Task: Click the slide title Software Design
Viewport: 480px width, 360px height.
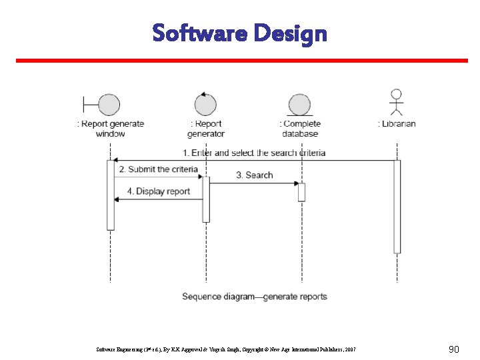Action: click(x=239, y=32)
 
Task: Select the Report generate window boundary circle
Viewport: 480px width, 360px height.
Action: click(x=109, y=105)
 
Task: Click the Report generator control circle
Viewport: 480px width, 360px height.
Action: click(x=205, y=104)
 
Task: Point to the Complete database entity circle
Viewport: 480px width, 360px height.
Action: click(x=300, y=105)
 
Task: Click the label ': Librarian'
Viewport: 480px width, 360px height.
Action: click(x=397, y=123)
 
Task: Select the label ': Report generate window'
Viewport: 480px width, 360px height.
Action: click(x=111, y=129)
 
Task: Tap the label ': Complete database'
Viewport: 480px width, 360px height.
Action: click(x=300, y=129)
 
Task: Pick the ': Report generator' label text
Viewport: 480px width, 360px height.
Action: click(x=206, y=129)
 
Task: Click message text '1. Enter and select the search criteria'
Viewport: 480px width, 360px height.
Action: click(x=254, y=153)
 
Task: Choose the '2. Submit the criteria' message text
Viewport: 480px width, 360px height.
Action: click(x=159, y=169)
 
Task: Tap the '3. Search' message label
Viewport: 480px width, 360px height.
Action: click(x=254, y=175)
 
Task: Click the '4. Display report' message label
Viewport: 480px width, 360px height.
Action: click(x=159, y=191)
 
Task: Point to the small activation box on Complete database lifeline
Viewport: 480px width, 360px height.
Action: click(x=301, y=191)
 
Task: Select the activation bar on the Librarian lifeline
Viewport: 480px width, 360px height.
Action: click(x=397, y=207)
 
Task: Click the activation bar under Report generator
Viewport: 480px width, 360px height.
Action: click(x=206, y=199)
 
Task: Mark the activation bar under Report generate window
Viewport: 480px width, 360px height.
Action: click(x=111, y=195)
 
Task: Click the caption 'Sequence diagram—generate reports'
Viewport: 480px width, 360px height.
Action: click(x=255, y=296)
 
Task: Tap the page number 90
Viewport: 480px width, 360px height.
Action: click(x=453, y=349)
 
